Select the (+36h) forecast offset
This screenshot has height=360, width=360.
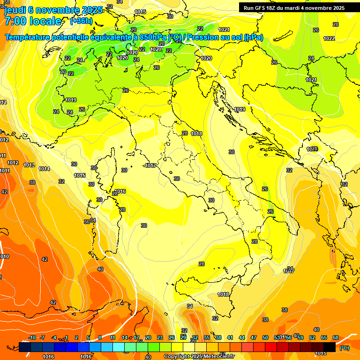pos(81,21)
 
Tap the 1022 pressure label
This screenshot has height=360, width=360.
pos(329,38)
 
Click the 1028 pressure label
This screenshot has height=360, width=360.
pos(312,149)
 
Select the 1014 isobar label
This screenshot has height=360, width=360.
pos(44,169)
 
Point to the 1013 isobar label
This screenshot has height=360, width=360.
pos(29,165)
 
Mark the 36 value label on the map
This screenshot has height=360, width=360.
pos(87,222)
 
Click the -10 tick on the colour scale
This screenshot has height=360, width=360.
pos(32,337)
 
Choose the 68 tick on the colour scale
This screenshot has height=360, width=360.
pos(336,337)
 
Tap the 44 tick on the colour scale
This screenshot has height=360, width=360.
pos(242,337)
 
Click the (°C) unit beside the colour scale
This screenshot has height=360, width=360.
pos(344,348)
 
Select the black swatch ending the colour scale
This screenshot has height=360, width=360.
pos(330,347)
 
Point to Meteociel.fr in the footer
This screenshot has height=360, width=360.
pos(218,357)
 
